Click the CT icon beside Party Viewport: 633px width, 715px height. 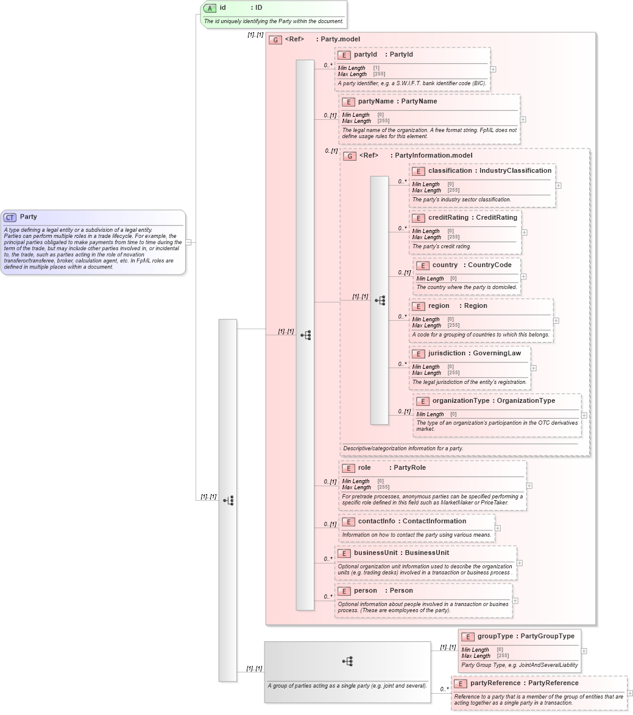click(10, 217)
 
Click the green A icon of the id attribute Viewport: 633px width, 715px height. click(210, 8)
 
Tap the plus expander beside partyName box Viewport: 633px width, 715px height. click(523, 119)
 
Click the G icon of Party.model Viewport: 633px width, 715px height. click(275, 40)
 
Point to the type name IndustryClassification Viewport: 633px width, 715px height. click(515, 171)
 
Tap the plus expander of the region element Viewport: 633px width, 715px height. click(556, 321)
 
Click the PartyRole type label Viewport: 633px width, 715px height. click(409, 468)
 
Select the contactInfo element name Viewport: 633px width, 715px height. click(377, 521)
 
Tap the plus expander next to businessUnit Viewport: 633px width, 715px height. click(519, 563)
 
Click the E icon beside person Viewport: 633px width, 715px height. click(344, 591)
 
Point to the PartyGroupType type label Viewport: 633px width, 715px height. click(548, 637)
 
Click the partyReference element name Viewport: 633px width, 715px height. click(494, 683)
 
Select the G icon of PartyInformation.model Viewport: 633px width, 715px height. click(350, 156)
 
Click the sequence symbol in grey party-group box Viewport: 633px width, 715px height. click(347, 661)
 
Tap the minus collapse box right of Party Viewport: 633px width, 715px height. click(189, 242)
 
